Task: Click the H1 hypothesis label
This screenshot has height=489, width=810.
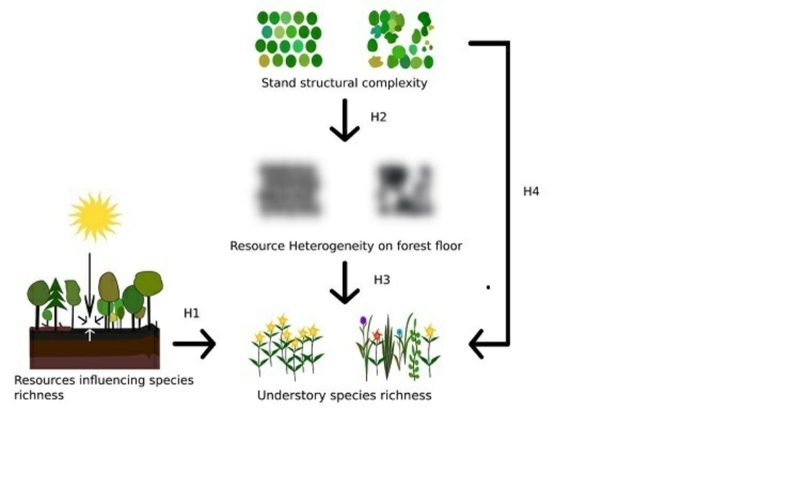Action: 191,313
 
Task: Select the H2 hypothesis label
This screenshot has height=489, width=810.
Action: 379,117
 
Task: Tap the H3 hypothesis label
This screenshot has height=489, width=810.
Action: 382,280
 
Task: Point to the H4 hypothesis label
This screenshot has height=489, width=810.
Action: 531,191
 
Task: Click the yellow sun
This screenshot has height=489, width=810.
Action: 95,217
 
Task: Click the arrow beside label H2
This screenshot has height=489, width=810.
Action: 345,120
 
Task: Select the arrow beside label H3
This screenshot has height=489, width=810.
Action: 345,283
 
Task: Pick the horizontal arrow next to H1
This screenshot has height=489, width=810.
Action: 194,344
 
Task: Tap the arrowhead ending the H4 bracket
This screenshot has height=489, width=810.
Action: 477,344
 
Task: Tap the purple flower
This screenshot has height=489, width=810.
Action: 363,320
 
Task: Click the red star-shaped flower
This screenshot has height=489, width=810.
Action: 377,335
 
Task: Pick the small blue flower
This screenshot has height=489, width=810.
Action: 400,332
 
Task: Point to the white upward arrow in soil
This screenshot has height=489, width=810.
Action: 89,335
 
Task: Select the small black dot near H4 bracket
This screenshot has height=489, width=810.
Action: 488,288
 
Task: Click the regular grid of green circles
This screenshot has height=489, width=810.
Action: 289,39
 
